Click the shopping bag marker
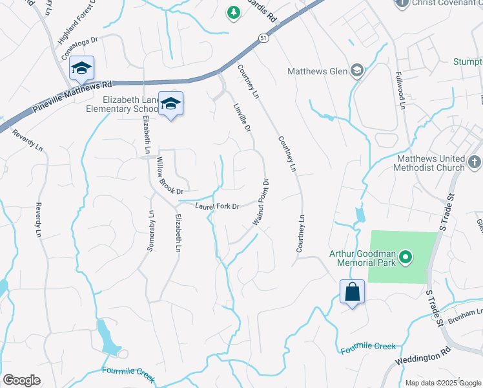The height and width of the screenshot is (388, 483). coord(353,292)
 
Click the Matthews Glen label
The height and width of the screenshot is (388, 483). coord(317,71)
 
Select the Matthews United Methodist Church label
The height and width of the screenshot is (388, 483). coord(431,163)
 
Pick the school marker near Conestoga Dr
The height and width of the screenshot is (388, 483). coord(82,69)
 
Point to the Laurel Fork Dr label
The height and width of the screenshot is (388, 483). coord(218,206)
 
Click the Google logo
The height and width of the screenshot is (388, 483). coord(21,380)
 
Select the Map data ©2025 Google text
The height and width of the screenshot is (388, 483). coord(442,382)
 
